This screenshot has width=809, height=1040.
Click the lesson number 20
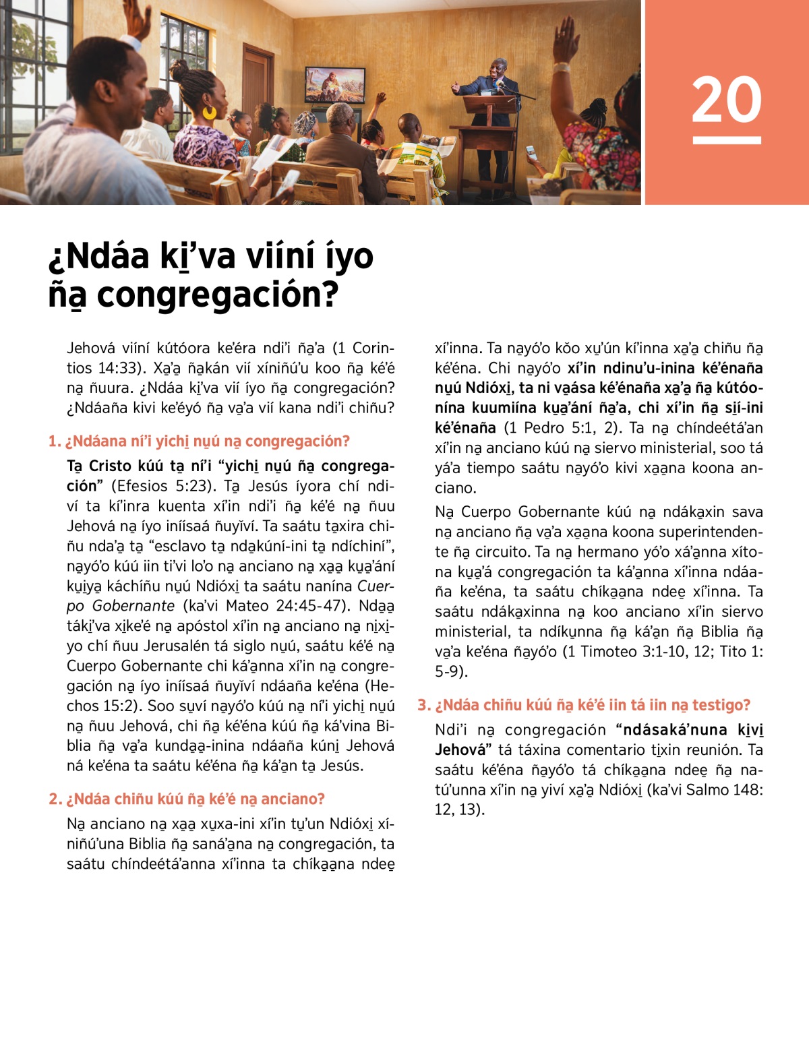(x=726, y=100)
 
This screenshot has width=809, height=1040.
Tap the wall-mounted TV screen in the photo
(x=335, y=84)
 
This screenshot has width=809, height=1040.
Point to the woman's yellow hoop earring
(x=210, y=112)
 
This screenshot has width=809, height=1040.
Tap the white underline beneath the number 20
(x=726, y=140)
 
